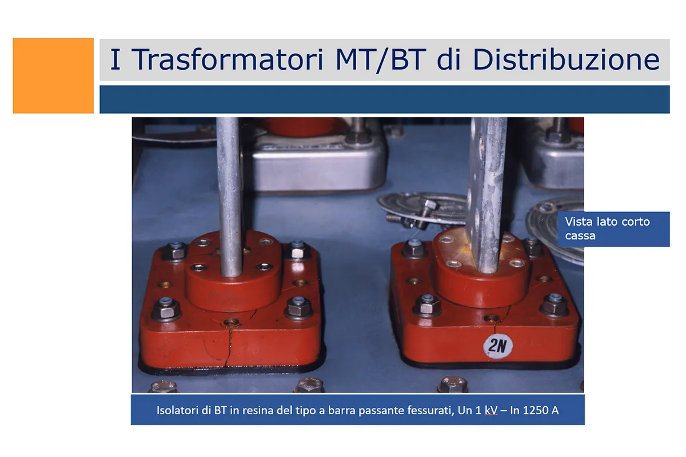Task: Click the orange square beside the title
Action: (x=53, y=75)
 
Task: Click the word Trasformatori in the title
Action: (x=229, y=59)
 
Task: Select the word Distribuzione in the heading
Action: (x=567, y=59)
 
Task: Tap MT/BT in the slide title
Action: (x=381, y=60)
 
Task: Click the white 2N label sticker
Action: (x=498, y=346)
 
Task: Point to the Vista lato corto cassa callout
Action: (x=613, y=229)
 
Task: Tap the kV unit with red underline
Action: (x=491, y=410)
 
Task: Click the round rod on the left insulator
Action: (x=229, y=197)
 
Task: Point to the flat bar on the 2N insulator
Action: (x=488, y=195)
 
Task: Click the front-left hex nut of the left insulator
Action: (x=166, y=310)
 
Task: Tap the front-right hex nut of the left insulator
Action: (x=298, y=307)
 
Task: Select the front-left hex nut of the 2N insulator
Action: (x=427, y=306)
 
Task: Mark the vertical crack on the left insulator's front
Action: (x=229, y=346)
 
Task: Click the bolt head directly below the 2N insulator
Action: (x=453, y=384)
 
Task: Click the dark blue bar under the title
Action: (x=385, y=99)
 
